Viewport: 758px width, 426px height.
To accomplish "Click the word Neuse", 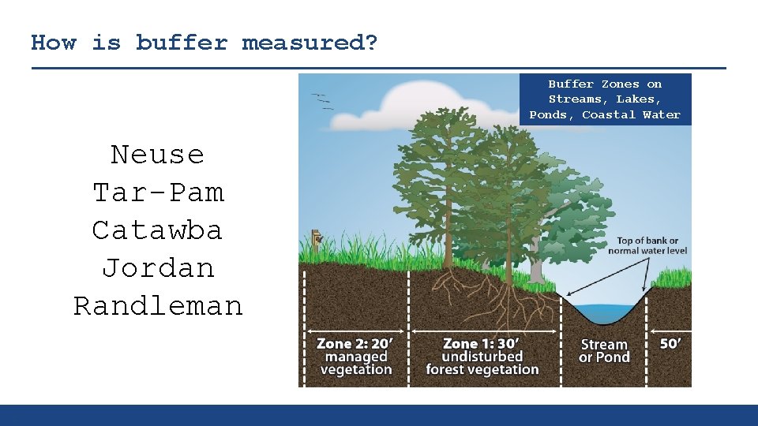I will [x=157, y=155].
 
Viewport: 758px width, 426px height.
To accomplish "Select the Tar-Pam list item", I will [x=157, y=192].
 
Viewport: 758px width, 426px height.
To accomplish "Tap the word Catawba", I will [x=157, y=230].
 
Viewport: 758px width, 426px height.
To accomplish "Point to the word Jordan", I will [x=157, y=268].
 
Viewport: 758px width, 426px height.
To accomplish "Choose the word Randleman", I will [x=157, y=306].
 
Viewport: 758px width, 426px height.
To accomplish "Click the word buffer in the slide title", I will [x=182, y=43].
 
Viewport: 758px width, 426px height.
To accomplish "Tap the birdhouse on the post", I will [x=317, y=237].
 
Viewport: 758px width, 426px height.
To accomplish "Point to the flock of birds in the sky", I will [x=322, y=101].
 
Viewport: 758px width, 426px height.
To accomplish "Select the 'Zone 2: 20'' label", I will [x=355, y=344].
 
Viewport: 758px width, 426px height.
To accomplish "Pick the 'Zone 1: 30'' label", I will [x=482, y=344].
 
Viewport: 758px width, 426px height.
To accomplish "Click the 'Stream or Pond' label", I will [x=604, y=351].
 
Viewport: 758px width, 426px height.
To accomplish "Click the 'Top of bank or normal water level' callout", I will [x=647, y=245].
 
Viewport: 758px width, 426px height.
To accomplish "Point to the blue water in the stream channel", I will [x=604, y=312].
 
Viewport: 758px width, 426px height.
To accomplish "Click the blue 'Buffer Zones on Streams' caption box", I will [x=605, y=99].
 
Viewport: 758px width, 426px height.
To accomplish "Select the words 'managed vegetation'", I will [x=356, y=364].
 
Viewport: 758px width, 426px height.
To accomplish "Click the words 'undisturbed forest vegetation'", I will [x=482, y=364].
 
